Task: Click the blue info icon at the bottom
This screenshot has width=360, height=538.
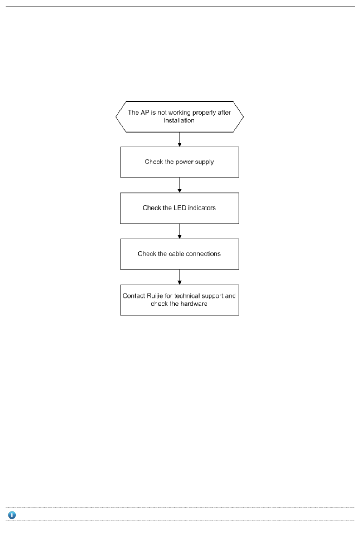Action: click(12, 515)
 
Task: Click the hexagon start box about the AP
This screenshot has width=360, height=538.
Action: click(179, 117)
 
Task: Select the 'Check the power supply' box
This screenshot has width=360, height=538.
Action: click(179, 162)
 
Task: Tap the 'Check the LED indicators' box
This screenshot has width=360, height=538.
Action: click(179, 208)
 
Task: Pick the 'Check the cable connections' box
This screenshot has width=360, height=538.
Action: click(179, 254)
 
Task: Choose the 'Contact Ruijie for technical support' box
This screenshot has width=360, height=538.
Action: click(179, 300)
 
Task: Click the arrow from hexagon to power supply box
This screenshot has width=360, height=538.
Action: click(180, 140)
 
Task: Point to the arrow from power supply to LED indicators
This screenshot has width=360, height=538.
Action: click(180, 185)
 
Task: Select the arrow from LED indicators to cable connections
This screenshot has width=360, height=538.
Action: click(180, 231)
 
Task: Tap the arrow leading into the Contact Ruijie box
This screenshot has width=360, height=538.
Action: click(180, 277)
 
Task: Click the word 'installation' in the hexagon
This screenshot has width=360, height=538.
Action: click(179, 121)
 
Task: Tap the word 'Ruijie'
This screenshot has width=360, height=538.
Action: click(155, 296)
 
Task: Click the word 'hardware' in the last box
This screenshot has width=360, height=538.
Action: click(194, 304)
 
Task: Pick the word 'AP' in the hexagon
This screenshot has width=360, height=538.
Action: click(145, 113)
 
